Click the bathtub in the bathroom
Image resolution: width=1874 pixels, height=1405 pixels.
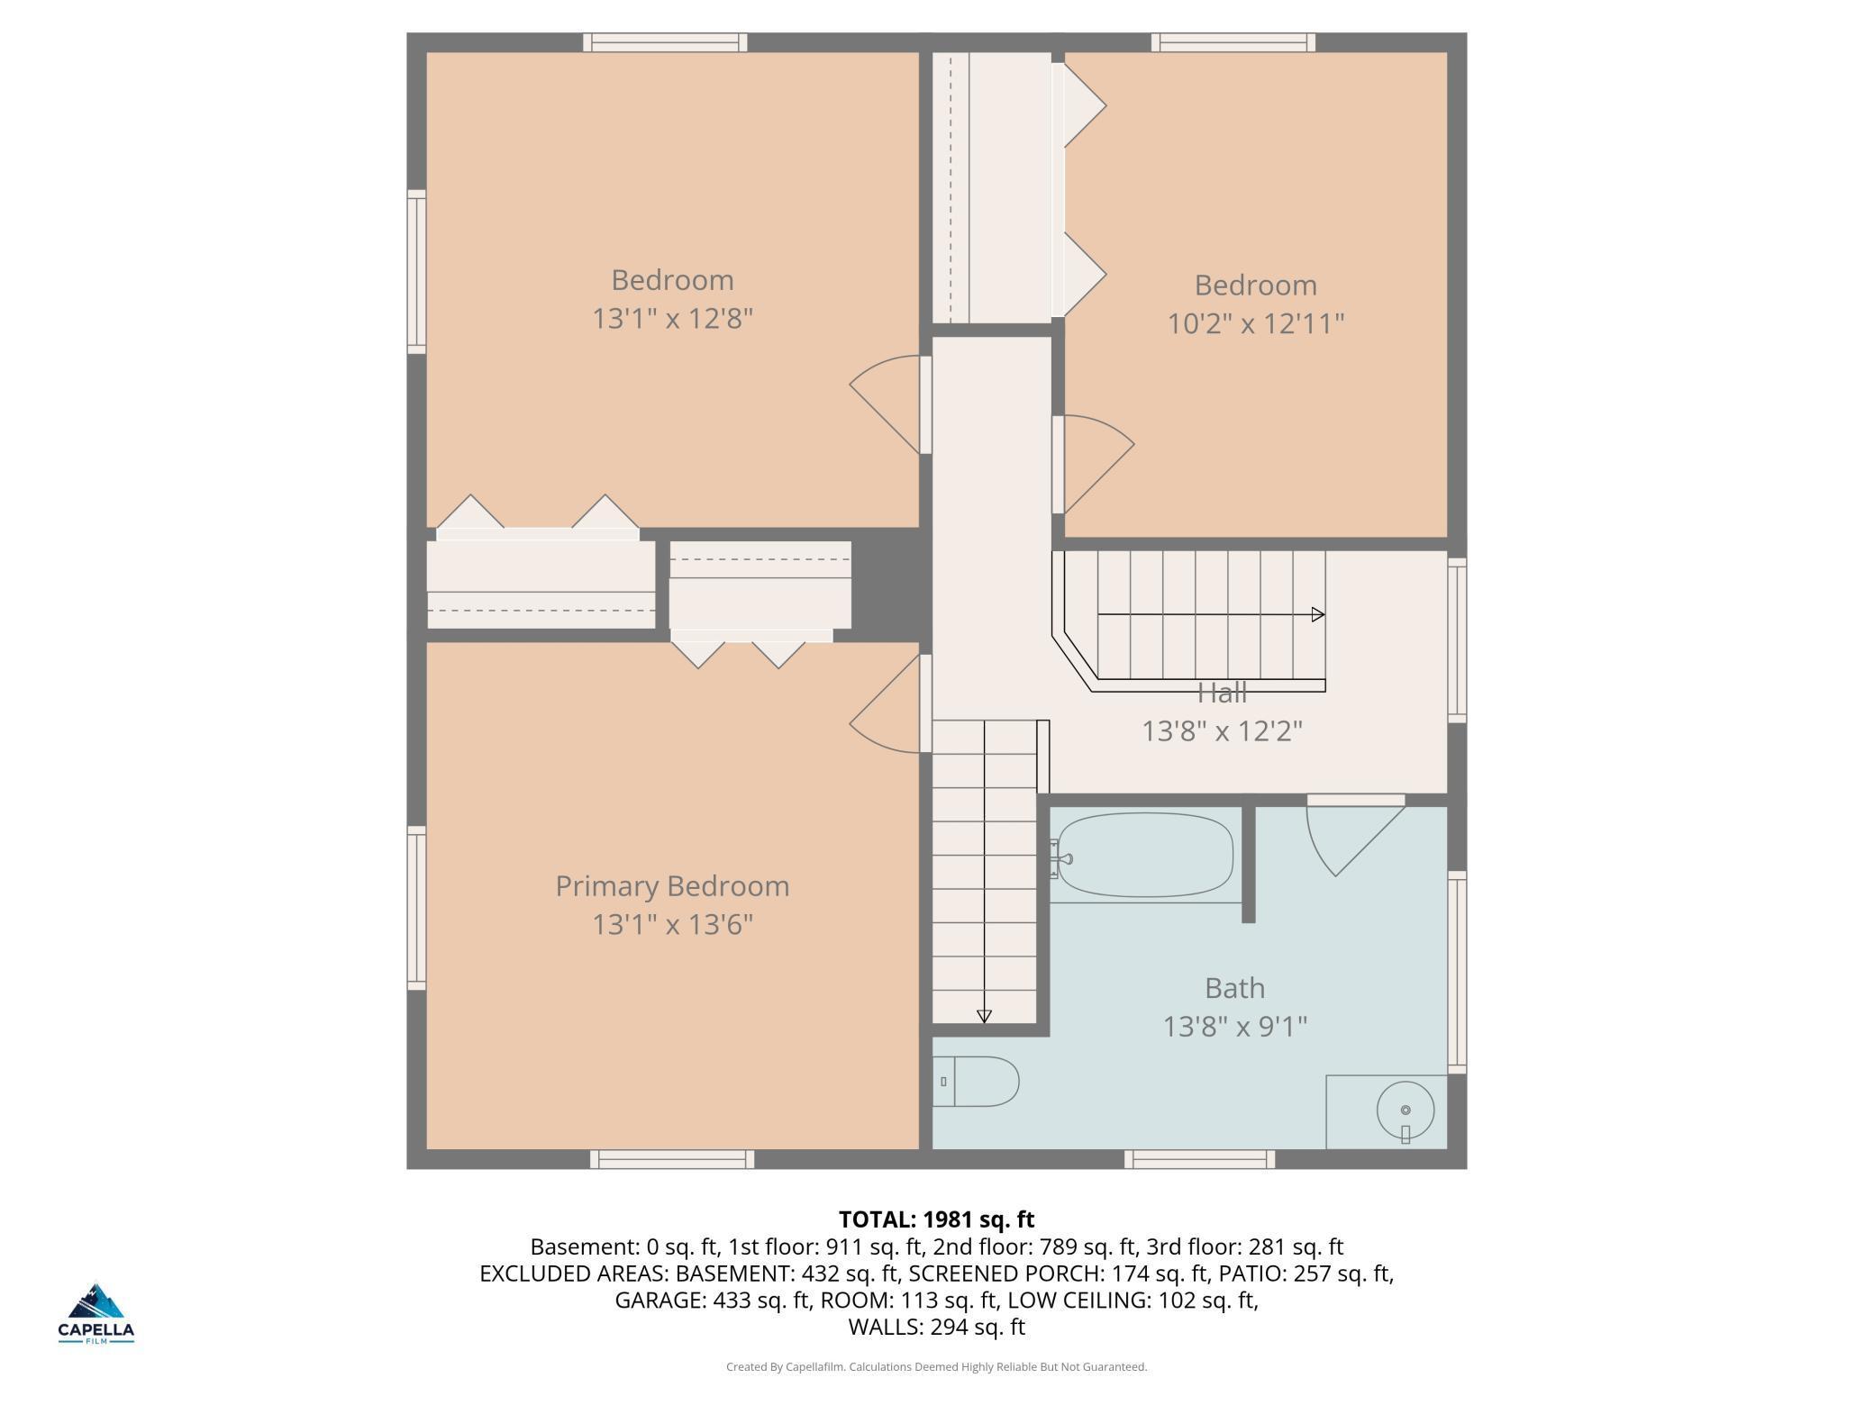click(1144, 856)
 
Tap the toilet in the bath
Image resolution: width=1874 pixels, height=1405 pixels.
click(978, 1081)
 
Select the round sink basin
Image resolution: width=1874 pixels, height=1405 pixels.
click(1405, 1110)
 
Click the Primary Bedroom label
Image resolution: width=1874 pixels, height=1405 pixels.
click(672, 886)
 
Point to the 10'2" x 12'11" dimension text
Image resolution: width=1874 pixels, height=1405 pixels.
click(1256, 323)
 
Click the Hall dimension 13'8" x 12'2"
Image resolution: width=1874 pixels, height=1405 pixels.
click(1222, 730)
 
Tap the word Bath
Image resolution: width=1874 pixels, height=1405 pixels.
click(1234, 988)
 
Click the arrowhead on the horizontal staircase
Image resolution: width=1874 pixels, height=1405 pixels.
click(1318, 614)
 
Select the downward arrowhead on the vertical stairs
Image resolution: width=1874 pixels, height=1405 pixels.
click(984, 1016)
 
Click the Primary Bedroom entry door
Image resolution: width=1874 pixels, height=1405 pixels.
click(887, 707)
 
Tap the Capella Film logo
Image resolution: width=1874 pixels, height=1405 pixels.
click(96, 1313)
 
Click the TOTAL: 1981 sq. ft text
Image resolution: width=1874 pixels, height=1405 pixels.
click(936, 1219)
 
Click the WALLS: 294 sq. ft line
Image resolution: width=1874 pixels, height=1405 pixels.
click(936, 1327)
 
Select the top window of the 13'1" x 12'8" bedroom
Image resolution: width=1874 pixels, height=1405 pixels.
click(665, 42)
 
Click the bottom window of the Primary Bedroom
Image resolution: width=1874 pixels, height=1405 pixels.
click(672, 1159)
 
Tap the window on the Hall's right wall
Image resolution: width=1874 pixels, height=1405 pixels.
click(1457, 639)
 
